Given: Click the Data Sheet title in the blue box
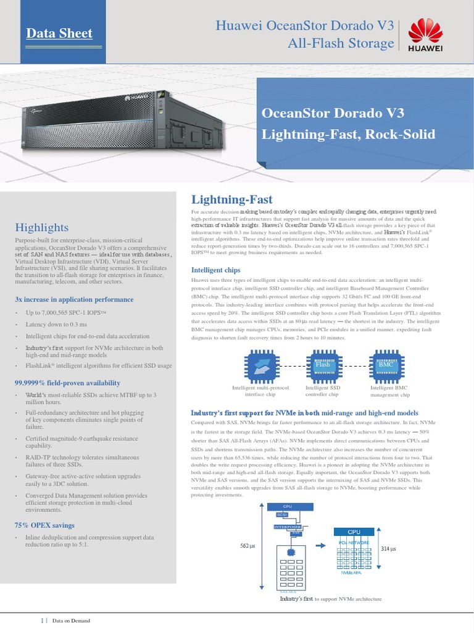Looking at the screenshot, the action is pyautogui.click(x=59, y=33).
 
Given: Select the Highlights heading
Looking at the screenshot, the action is pyautogui.click(x=41, y=227).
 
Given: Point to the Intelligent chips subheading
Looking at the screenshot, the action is pyautogui.click(x=216, y=270).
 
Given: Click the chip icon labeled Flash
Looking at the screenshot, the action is pyautogui.click(x=322, y=365).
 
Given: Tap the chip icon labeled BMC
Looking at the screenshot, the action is pyautogui.click(x=385, y=365).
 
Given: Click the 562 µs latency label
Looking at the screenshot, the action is pyautogui.click(x=247, y=546).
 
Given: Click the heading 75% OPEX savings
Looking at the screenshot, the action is pyautogui.click(x=44, y=525).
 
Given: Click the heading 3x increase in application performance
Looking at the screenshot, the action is pyautogui.click(x=74, y=299).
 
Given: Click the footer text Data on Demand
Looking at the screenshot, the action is pyautogui.click(x=72, y=620).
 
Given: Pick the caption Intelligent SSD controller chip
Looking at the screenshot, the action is pyautogui.click(x=322, y=391).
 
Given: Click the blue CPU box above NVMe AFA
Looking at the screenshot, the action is pyautogui.click(x=354, y=532).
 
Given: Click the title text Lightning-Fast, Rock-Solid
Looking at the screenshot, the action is pyautogui.click(x=349, y=134).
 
